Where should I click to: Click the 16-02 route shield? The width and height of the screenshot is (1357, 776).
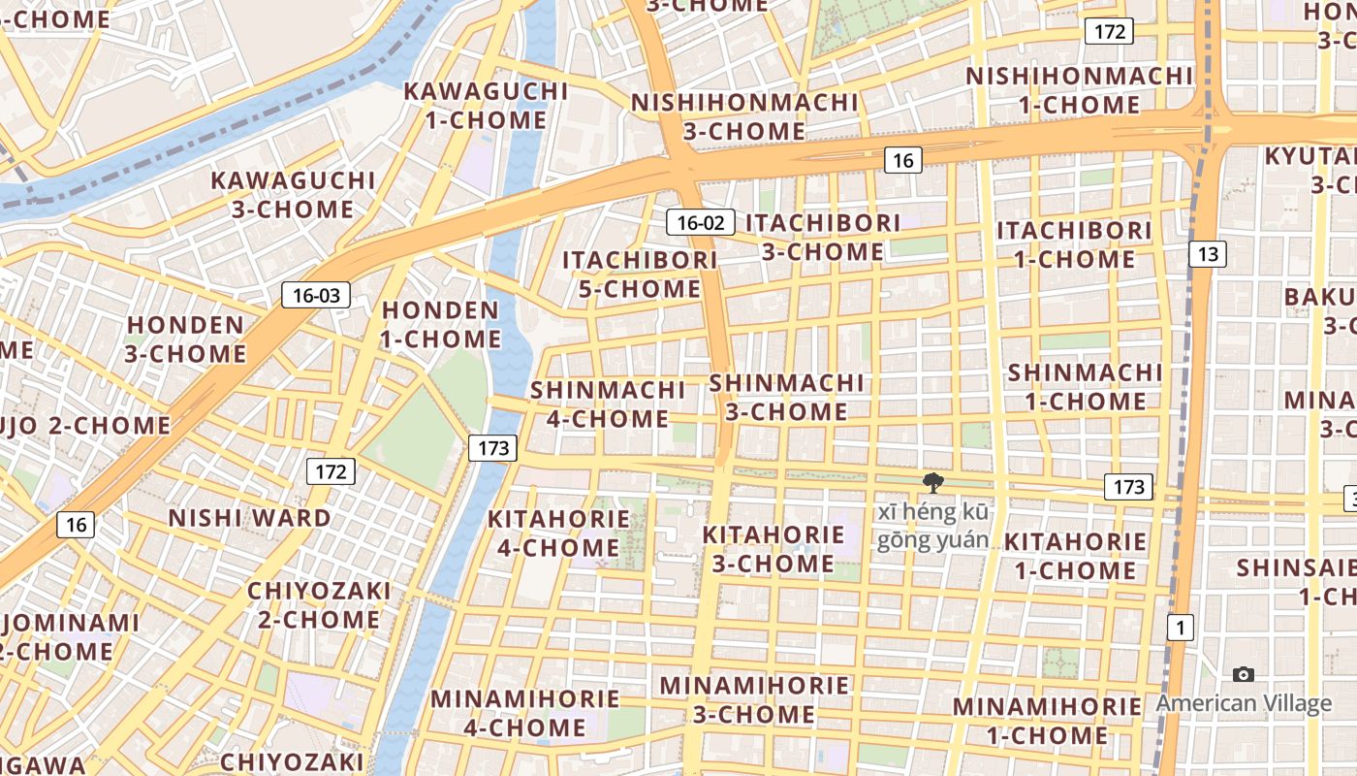pyautogui.click(x=700, y=222)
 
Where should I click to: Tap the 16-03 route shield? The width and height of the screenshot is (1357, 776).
pyautogui.click(x=316, y=295)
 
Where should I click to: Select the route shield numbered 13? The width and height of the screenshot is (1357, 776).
pyautogui.click(x=1208, y=254)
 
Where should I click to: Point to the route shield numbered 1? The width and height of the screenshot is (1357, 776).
pyautogui.click(x=1180, y=628)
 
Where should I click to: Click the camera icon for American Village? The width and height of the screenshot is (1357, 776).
pyautogui.click(x=1243, y=674)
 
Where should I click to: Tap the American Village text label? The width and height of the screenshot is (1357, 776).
pyautogui.click(x=1244, y=703)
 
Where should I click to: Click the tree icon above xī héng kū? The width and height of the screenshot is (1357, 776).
pyautogui.click(x=933, y=482)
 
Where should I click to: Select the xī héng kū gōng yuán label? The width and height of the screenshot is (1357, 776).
pyautogui.click(x=932, y=527)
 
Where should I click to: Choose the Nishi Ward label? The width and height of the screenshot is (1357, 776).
pyautogui.click(x=250, y=518)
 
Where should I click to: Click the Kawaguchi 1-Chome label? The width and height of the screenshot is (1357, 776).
pyautogui.click(x=486, y=106)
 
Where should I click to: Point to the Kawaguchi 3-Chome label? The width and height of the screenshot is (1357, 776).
pyautogui.click(x=293, y=195)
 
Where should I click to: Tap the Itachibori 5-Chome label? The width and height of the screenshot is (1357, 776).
pyautogui.click(x=640, y=275)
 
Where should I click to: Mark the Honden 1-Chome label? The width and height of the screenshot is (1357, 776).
pyautogui.click(x=441, y=325)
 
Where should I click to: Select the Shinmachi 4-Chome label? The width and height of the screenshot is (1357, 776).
pyautogui.click(x=608, y=404)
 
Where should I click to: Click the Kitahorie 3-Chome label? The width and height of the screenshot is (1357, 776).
pyautogui.click(x=773, y=549)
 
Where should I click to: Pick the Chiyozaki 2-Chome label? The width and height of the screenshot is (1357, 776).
pyautogui.click(x=319, y=605)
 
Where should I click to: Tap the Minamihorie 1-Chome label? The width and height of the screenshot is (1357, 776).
pyautogui.click(x=1047, y=721)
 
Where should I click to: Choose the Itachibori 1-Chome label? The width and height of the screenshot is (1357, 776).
pyautogui.click(x=1074, y=245)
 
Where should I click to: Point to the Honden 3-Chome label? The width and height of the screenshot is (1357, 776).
pyautogui.click(x=185, y=339)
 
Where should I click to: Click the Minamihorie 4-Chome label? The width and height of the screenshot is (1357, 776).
pyautogui.click(x=524, y=713)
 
